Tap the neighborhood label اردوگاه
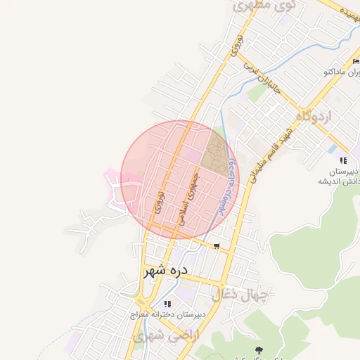click(314, 115)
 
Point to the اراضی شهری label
click(156, 337)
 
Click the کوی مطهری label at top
click(255, 6)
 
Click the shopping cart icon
click(216, 246)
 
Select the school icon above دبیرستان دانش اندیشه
click(343, 160)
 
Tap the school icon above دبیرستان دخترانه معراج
click(167, 304)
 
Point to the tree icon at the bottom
click(259, 349)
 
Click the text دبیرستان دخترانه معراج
click(167, 315)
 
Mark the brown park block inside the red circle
click(216, 157)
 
